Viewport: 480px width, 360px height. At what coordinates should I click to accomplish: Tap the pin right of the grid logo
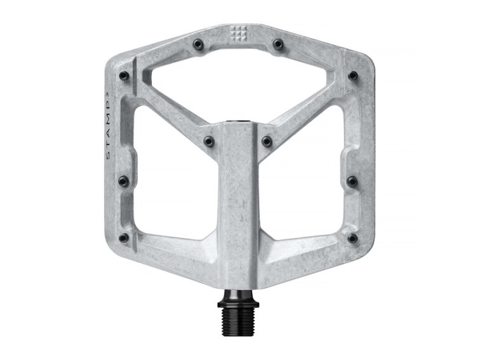point(277,44)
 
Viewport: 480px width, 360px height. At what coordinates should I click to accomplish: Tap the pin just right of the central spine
point(267,140)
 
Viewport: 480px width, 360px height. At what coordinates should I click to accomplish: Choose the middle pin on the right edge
point(352,180)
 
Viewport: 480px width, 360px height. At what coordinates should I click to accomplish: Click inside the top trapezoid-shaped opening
point(238,83)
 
